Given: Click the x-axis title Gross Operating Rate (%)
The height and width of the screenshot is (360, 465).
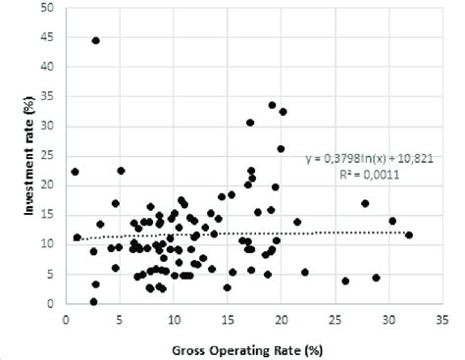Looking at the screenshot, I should (254, 346).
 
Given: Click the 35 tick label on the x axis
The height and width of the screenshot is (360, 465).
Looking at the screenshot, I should (442, 318).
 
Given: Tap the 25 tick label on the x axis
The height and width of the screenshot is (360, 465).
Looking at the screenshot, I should (335, 318).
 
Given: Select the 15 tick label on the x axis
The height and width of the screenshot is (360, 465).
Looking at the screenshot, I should (227, 318).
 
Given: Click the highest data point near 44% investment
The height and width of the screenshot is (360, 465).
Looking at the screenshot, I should (95, 40).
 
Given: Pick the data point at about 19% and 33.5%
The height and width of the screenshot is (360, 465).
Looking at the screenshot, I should (272, 105).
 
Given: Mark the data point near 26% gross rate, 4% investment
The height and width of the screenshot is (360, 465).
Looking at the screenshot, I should (345, 281).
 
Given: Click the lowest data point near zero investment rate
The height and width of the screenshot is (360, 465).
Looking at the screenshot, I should (93, 301).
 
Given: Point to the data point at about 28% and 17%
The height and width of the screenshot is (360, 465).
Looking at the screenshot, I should (365, 203).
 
